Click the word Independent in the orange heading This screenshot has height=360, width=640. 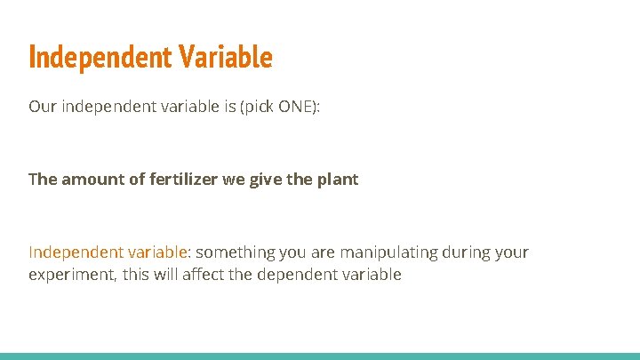[x=100, y=58]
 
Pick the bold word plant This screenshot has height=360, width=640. [x=337, y=180]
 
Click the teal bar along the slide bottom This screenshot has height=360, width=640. [x=320, y=356]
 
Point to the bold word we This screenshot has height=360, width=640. [x=233, y=180]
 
